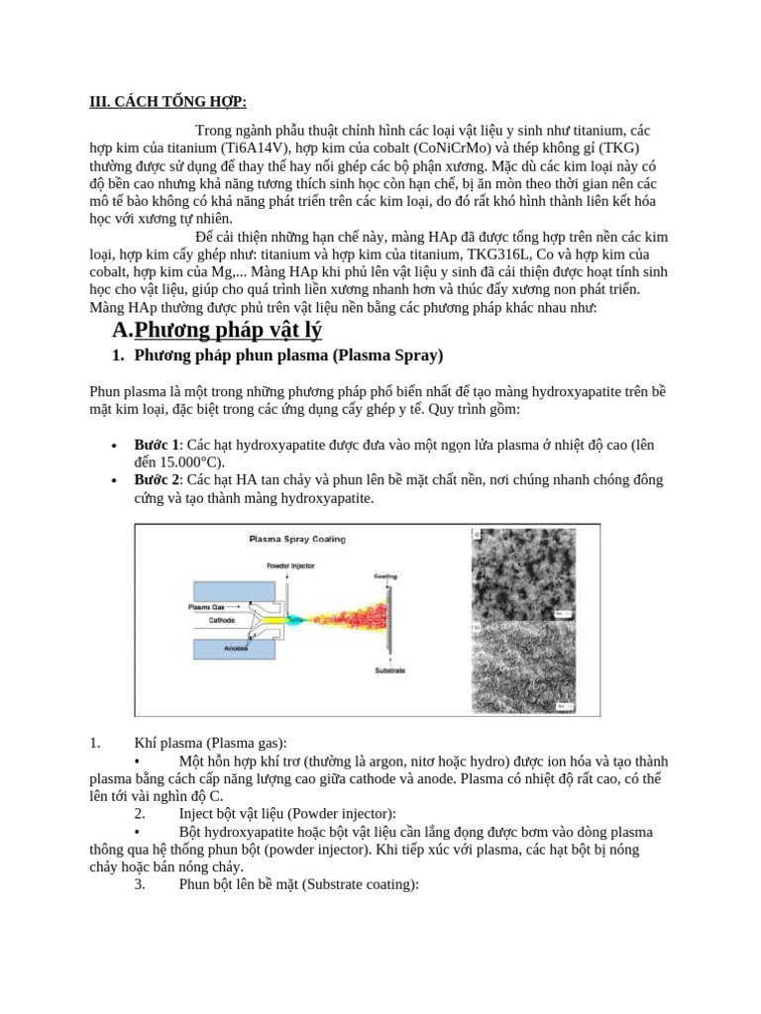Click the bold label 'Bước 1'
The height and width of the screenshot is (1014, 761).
(157, 445)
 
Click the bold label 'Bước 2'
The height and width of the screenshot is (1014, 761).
(157, 480)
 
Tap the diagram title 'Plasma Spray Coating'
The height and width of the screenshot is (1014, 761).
(296, 540)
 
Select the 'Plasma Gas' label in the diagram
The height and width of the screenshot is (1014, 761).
(207, 606)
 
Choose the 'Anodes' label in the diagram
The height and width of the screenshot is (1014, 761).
(236, 649)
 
